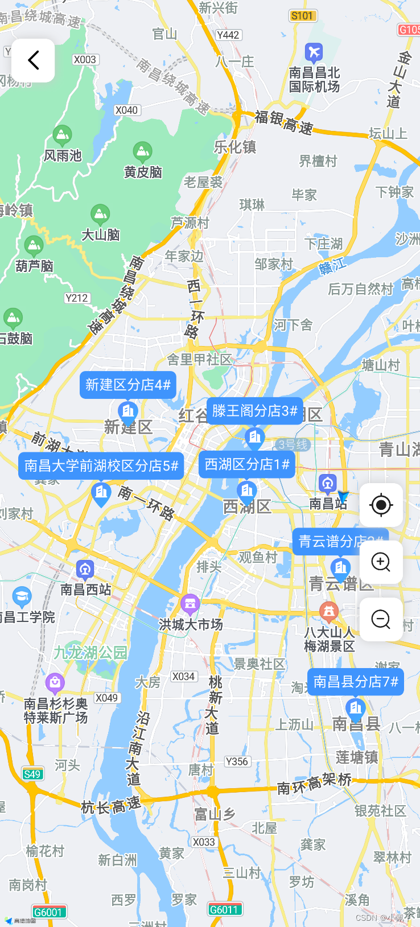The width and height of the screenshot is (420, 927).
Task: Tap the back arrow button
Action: tap(33, 60)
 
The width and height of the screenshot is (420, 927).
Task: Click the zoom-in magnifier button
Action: tap(381, 562)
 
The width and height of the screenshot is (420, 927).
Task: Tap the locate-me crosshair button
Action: tap(381, 505)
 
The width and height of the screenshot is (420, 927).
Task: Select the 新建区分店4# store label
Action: tap(127, 385)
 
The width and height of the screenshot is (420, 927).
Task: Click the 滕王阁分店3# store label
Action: tap(254, 410)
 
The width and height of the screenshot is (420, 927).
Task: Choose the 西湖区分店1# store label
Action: tap(246, 464)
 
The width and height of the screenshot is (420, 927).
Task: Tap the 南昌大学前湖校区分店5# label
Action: tap(101, 466)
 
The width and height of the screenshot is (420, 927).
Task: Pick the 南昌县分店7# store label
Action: tap(355, 681)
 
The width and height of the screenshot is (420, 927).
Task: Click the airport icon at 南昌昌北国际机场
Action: tap(314, 53)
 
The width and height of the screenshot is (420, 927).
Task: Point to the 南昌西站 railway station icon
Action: tap(85, 569)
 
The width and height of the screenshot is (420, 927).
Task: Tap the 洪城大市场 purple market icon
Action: tap(190, 603)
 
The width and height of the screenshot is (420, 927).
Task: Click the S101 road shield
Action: tap(302, 15)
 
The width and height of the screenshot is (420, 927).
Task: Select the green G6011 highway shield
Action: tap(224, 909)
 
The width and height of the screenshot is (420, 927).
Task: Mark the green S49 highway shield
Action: tap(32, 774)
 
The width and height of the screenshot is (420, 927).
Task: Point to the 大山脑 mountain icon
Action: tap(100, 215)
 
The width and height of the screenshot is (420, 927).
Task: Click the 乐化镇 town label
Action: tap(234, 147)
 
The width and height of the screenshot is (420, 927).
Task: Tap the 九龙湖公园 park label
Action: tap(90, 652)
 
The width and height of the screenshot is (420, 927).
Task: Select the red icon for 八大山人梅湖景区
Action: tap(328, 612)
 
